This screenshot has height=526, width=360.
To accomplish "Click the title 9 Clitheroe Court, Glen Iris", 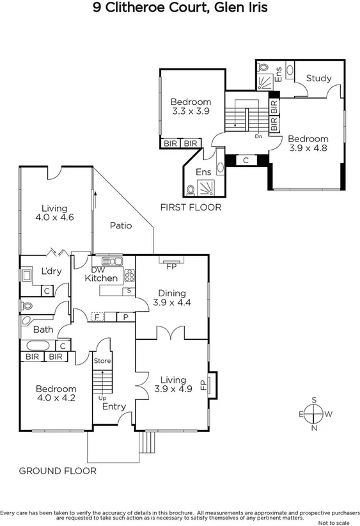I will pos(180,8).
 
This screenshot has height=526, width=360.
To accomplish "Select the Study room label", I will pos(318,78).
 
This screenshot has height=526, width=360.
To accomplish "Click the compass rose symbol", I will pos(314,414).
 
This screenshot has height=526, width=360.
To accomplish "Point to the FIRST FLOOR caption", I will pos(191,207).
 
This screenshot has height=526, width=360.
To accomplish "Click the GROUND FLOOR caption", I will pos(58,471).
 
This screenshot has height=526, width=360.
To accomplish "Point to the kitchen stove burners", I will pos(129,275).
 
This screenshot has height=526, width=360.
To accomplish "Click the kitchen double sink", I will pos(112,261).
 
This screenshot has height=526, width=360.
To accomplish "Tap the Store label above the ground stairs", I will pos(102,360).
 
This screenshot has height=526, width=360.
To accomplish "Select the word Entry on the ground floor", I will pos(114,406).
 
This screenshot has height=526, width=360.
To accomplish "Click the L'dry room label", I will pos(51,271).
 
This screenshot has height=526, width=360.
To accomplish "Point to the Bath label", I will pos(43,330).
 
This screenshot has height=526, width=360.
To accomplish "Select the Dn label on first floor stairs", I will pos(258,136).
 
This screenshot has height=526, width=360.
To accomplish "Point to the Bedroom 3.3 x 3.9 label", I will pos(191,106).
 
